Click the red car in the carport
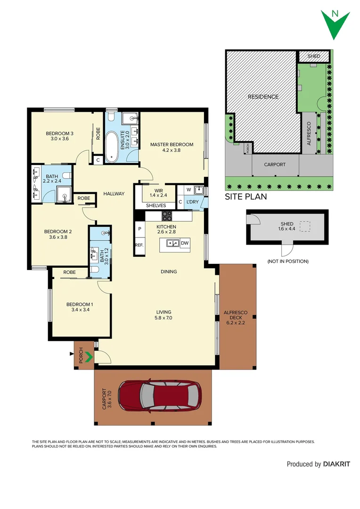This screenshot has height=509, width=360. (x=160, y=395)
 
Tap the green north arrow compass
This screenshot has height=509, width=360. (x=335, y=24)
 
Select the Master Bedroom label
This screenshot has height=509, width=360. (x=172, y=144)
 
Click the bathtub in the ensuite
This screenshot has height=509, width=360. (x=112, y=147)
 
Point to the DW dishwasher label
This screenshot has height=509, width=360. (x=185, y=243)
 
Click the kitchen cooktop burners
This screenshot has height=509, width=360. (x=167, y=216)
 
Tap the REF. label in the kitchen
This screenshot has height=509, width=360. (x=139, y=245)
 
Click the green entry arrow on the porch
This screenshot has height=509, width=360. (x=88, y=358)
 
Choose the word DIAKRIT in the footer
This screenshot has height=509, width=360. (x=336, y=464)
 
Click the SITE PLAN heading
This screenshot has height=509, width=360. (x=245, y=197)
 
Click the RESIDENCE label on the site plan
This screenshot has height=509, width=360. (x=263, y=97)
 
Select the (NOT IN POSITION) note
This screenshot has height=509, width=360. (x=287, y=261)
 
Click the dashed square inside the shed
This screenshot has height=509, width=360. (x=306, y=227)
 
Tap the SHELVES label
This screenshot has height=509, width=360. (x=155, y=205)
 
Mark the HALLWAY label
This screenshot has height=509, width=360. (x=114, y=193)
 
